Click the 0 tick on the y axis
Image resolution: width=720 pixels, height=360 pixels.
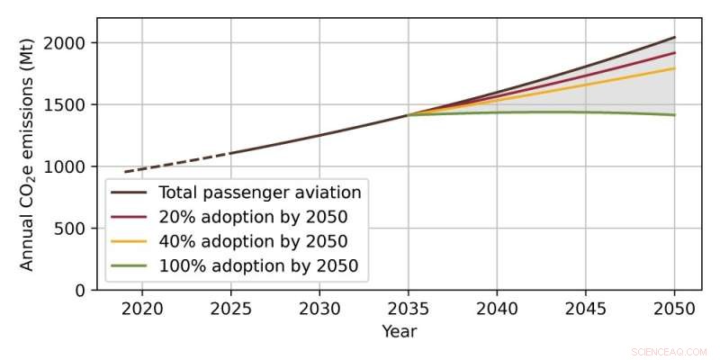79,291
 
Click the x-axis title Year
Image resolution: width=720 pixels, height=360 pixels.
399,331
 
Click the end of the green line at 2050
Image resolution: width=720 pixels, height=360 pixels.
675,115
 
